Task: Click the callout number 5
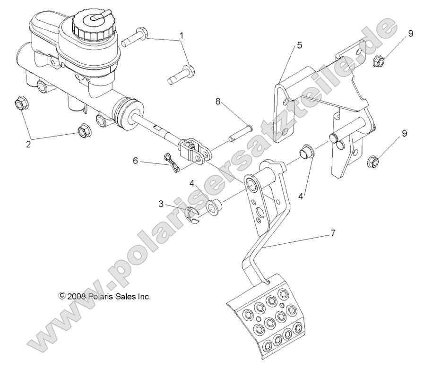pos(300,45)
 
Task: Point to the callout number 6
pos(136,161)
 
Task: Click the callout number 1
pos(181,35)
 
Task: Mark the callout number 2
pos(28,144)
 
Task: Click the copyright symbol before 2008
pos(61,296)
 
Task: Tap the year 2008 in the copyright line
pos(76,297)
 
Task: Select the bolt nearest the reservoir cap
pos(136,37)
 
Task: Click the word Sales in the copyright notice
pos(125,297)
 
